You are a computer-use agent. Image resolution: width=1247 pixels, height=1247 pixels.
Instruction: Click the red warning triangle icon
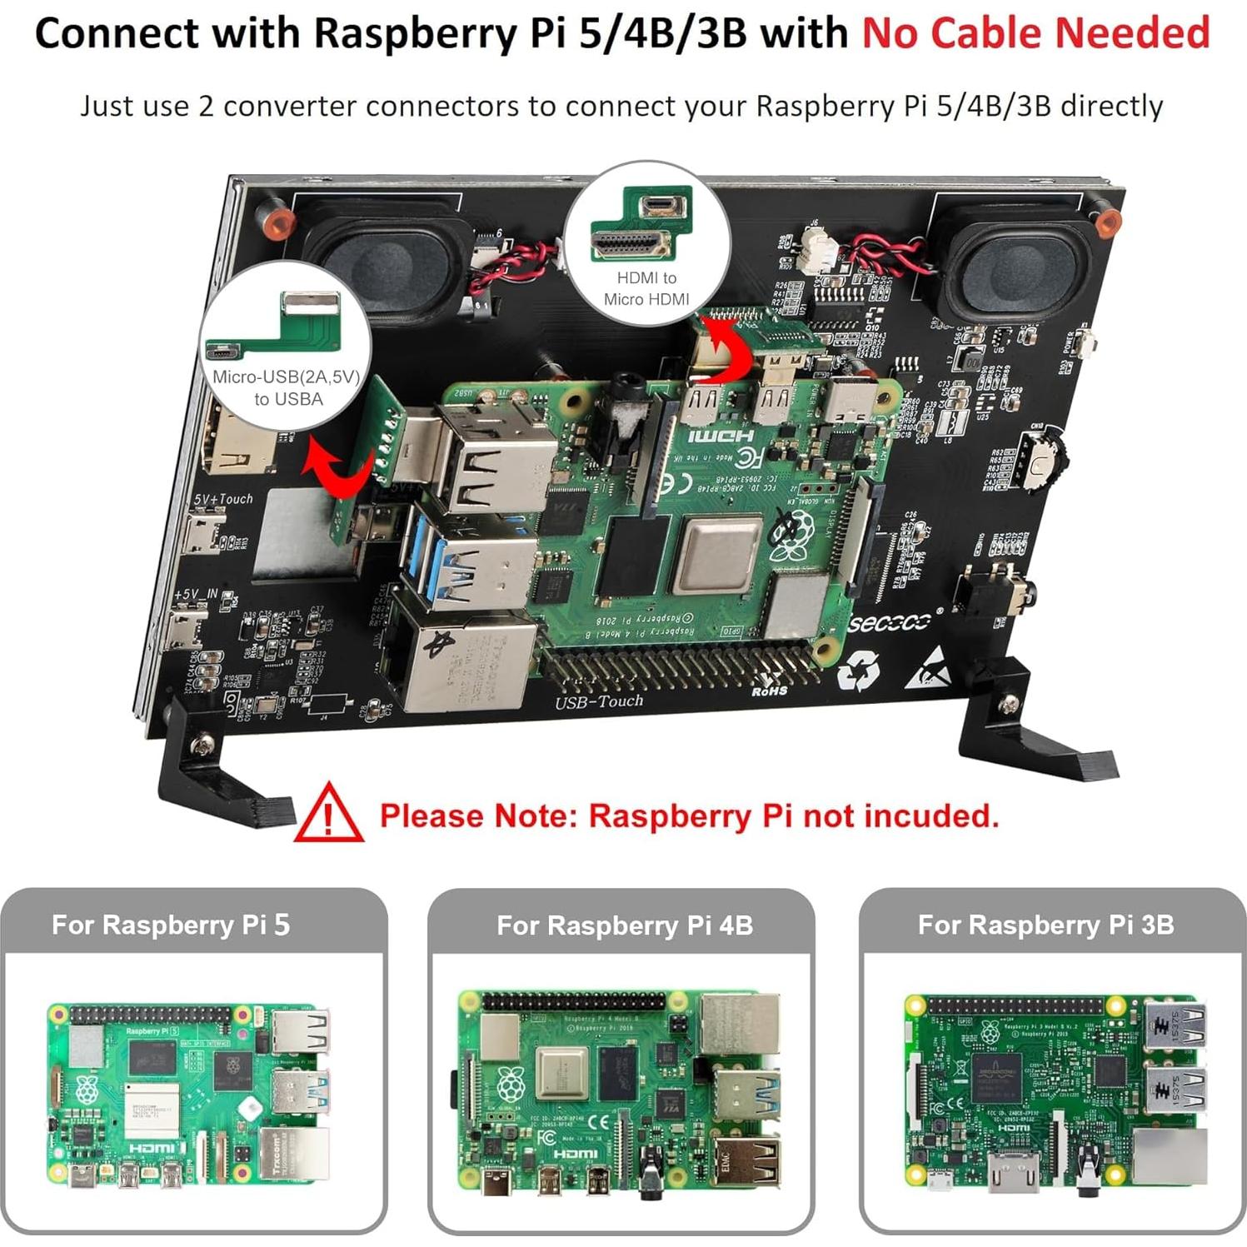328,813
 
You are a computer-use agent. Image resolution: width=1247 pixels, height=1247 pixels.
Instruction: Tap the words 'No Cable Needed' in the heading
1035,33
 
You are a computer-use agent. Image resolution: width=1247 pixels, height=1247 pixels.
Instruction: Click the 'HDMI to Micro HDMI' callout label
646,288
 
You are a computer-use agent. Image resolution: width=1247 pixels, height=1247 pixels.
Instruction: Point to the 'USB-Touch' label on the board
599,701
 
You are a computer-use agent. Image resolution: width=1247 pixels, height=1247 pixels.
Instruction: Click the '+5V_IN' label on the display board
196,595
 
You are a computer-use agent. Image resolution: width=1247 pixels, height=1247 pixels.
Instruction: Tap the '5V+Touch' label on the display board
222,499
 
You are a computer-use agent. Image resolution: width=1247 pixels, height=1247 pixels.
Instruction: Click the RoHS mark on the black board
769,691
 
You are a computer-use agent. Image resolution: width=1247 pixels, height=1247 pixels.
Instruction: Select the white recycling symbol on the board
858,671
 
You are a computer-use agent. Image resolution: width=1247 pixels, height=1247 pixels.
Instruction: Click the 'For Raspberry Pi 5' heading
171,925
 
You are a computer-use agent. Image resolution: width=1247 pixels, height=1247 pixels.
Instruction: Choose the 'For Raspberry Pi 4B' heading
624,925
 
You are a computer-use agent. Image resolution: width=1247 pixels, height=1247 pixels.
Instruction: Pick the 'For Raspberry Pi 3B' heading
1045,925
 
